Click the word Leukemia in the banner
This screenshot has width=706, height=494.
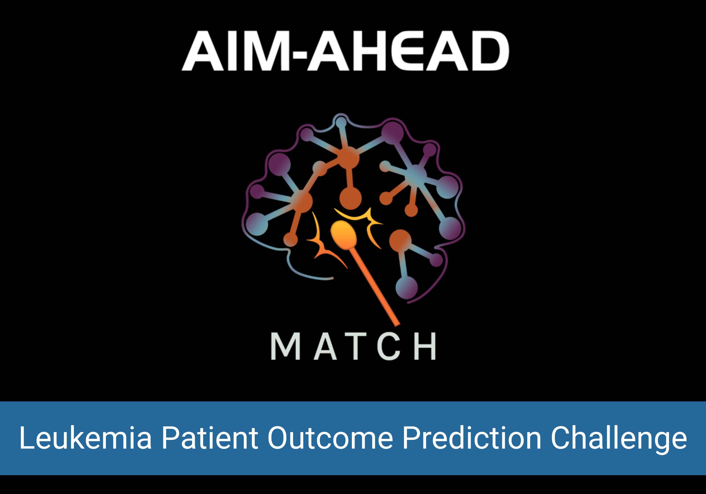(85, 438)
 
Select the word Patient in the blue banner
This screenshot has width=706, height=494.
(210, 438)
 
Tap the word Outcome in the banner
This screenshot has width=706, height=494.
(330, 438)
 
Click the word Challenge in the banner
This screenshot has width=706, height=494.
(619, 438)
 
